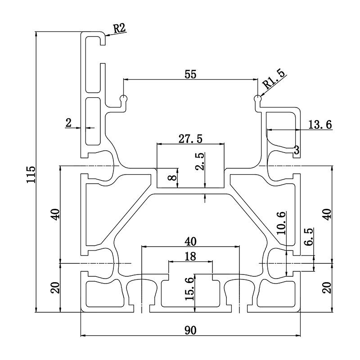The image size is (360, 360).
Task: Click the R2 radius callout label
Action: [x=119, y=28]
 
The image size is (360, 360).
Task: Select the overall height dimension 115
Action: [x=31, y=175]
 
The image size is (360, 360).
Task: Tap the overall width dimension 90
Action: [x=190, y=330]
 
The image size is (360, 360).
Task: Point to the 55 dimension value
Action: [x=190, y=74]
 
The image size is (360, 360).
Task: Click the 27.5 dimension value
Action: [x=190, y=139]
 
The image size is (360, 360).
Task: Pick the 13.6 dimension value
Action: [x=320, y=125]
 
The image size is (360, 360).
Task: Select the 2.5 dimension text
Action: [x=199, y=161]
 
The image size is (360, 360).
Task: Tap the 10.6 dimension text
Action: [x=281, y=223]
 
